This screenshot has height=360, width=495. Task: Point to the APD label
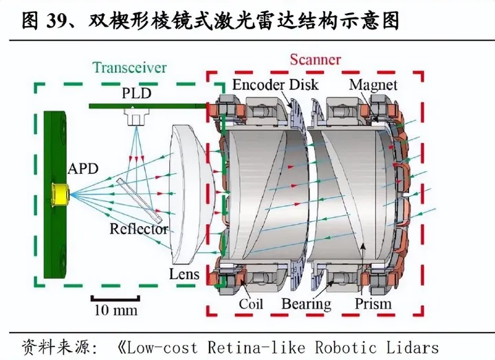click(82, 168)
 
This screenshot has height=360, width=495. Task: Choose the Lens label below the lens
click(184, 275)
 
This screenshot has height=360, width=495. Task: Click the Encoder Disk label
click(276, 85)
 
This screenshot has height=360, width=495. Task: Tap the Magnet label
click(373, 85)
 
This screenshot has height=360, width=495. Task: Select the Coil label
click(252, 303)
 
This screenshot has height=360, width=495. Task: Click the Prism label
click(374, 303)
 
